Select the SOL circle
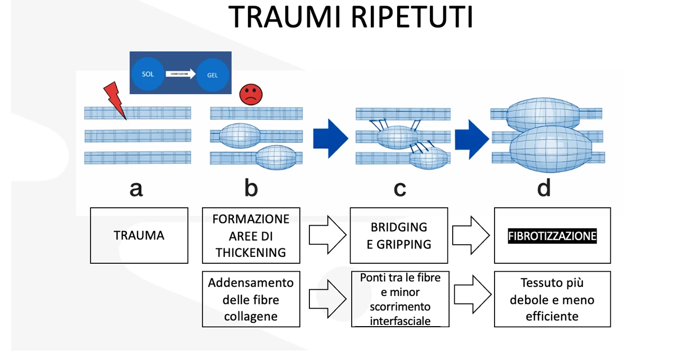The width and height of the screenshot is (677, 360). click(148, 74)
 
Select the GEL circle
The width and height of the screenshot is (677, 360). click(212, 75)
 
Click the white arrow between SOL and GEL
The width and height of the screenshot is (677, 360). click(180, 75)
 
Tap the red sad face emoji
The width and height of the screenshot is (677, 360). click(251, 94)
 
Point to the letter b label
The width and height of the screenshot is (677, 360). click(251, 188)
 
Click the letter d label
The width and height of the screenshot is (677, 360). click(544, 188)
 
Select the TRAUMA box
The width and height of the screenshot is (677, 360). click(139, 235)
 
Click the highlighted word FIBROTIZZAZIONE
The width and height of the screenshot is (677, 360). click(552, 236)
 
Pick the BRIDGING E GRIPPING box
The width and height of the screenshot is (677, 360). click(399, 235)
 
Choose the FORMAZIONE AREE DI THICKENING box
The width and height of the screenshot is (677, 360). click(251, 236)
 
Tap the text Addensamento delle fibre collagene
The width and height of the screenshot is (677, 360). click(251, 299)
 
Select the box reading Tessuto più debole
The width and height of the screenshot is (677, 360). click(552, 299)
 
